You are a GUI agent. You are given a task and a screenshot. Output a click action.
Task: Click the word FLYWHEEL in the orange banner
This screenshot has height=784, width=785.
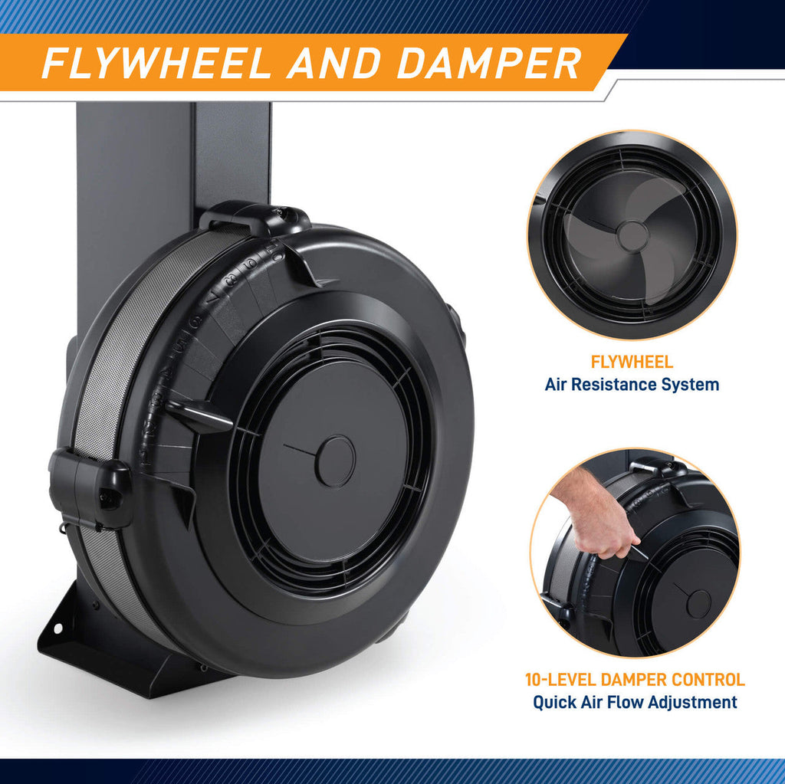point(156,63)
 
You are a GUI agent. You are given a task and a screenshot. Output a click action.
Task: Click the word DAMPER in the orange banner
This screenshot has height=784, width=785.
point(489,63)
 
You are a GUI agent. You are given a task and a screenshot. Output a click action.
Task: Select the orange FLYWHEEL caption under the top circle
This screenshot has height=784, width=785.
point(632,362)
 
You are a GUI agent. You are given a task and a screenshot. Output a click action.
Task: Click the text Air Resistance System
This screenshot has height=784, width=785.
point(632,385)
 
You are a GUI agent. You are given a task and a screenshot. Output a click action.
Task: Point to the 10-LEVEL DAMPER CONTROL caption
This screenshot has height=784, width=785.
point(635,680)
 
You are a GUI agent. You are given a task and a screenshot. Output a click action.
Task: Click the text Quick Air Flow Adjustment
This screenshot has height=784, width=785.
point(635,702)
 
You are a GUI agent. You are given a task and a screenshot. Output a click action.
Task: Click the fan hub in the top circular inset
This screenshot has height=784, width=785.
point(632,236)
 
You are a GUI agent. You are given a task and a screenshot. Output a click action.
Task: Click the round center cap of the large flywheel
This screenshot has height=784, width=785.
point(335,461)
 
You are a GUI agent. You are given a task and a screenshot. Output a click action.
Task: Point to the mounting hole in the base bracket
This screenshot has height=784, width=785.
point(57,628)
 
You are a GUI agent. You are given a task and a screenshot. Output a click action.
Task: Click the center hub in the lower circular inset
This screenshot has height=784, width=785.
point(698,604)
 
